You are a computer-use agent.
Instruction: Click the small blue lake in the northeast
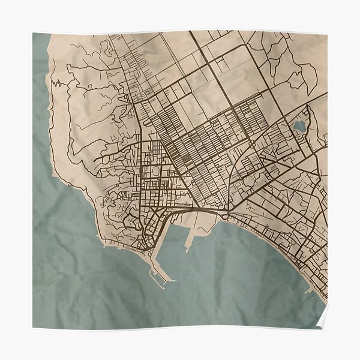(x=298, y=126)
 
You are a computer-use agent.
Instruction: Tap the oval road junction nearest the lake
(x=250, y=145)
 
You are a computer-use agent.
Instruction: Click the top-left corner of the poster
(x=34, y=34)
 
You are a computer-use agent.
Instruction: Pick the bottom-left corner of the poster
(x=34, y=328)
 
